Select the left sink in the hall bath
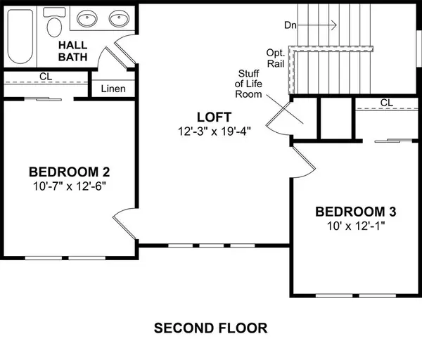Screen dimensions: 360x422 click(88, 18)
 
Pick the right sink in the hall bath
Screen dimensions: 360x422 click(119, 18)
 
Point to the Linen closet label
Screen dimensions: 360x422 click(113, 89)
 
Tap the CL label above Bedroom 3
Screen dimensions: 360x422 click(386, 103)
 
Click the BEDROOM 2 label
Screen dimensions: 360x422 click(69, 172)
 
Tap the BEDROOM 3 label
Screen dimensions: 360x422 click(355, 212)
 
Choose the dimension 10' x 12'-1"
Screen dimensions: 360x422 click(355, 226)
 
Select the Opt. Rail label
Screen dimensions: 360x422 click(276, 58)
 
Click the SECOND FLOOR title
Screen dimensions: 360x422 click(210, 328)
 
